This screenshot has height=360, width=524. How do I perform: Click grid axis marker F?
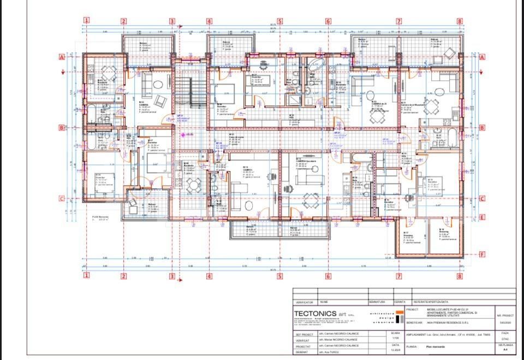point(482,254)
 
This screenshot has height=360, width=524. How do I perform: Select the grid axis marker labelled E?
point(482,217)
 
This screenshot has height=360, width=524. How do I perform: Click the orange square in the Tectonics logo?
point(400,316)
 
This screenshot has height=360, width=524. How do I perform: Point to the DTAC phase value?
point(505,339)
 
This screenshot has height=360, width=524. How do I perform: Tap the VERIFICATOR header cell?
point(305,302)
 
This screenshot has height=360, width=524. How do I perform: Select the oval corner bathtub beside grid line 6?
point(315,67)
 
